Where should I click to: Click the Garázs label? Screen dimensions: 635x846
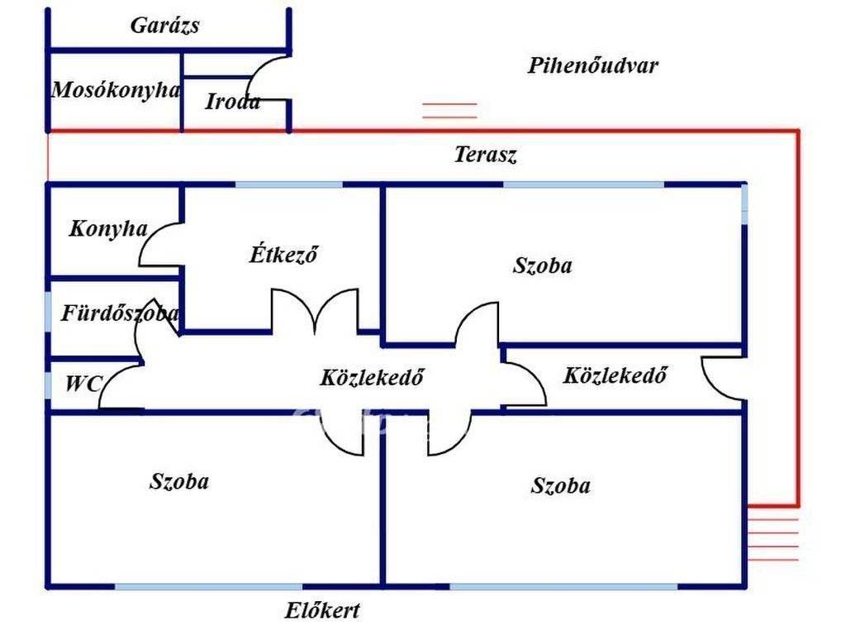[164, 26]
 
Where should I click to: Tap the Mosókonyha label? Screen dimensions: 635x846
[116, 90]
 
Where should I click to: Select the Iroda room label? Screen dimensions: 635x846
[232, 103]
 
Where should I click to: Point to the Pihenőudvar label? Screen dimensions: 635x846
[592, 66]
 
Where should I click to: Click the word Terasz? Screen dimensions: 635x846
[486, 155]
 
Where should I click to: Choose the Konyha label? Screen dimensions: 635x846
[108, 229]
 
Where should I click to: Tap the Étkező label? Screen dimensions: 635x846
[283, 255]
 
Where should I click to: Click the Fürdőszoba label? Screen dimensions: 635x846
[120, 314]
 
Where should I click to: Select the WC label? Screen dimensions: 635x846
[83, 384]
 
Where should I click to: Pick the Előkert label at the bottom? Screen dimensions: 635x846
[322, 611]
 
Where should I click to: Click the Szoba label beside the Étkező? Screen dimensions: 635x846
[542, 265]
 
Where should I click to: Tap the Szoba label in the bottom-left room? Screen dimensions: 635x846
[178, 481]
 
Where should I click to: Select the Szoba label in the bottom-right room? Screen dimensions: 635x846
[560, 485]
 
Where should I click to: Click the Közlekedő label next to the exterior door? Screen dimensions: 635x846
[615, 375]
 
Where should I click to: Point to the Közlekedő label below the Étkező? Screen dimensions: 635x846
[372, 378]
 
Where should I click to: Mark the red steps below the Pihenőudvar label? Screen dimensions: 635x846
[449, 111]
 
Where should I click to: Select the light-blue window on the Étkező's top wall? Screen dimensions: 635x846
[288, 184]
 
